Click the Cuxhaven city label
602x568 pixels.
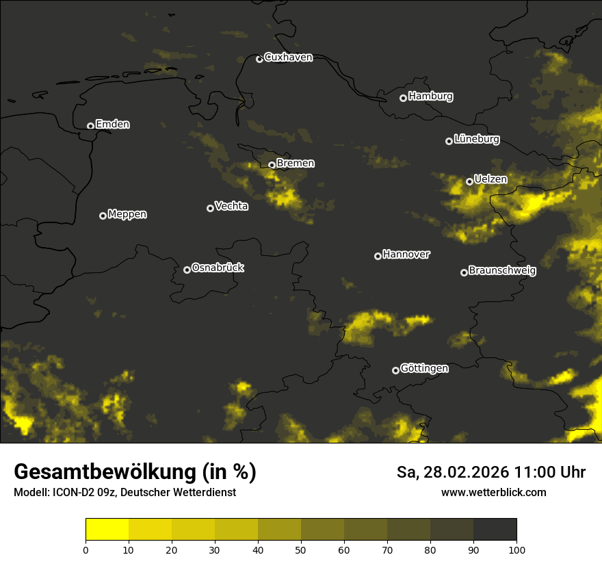tap(288, 57)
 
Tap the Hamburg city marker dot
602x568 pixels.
tap(403, 98)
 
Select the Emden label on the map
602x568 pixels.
tap(112, 125)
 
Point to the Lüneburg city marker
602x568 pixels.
tap(449, 141)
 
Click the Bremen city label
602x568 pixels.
tap(296, 164)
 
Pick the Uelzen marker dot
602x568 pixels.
tap(469, 181)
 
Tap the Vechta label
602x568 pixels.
tap(231, 206)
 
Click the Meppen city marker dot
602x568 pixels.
tap(103, 216)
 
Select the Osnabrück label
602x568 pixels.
tap(218, 268)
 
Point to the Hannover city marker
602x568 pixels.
tap(378, 256)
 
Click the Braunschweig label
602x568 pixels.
tap(502, 271)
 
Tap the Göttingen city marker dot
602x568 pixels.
tap(395, 370)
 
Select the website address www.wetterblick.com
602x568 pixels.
tap(493, 492)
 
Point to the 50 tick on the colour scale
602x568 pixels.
tap(301, 550)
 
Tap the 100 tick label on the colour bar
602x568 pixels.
tap(516, 550)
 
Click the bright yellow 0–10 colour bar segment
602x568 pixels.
tap(107, 529)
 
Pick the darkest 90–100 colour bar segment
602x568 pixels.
tap(495, 529)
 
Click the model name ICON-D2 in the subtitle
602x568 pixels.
tap(72, 493)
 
